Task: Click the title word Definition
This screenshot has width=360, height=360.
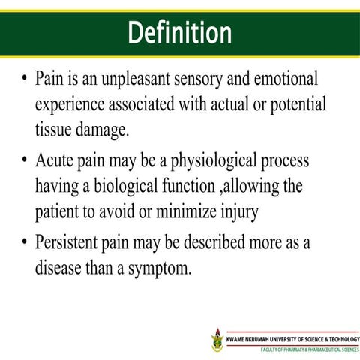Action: click(x=180, y=32)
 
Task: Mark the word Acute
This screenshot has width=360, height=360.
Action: click(x=55, y=161)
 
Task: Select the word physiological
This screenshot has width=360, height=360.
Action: click(x=213, y=161)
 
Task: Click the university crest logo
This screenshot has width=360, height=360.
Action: click(x=217, y=339)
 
